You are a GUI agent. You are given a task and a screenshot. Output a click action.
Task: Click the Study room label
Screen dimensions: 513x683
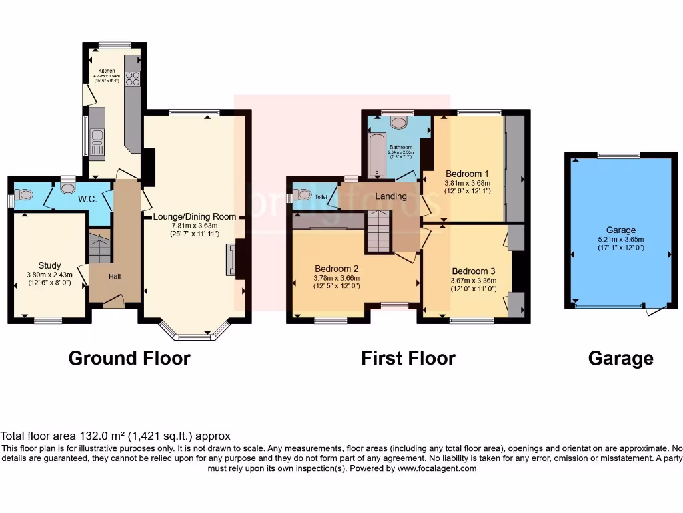click(x=49, y=265)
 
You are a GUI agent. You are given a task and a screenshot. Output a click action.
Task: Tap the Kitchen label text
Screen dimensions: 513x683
click(x=107, y=71)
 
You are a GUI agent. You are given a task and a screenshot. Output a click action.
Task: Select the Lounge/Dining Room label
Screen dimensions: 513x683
click(x=195, y=217)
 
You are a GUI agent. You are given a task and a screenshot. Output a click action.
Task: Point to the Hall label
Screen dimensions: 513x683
click(x=115, y=276)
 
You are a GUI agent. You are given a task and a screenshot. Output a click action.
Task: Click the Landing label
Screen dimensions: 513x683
click(x=391, y=196)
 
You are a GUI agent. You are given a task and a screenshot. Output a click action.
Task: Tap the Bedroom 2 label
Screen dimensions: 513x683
click(x=337, y=269)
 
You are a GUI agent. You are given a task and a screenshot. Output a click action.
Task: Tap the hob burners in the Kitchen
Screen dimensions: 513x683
click(x=132, y=79)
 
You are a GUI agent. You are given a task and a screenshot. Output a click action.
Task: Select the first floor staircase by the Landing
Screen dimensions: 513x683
click(x=378, y=231)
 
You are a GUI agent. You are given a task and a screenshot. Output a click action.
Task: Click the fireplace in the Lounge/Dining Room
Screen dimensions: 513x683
click(x=231, y=260)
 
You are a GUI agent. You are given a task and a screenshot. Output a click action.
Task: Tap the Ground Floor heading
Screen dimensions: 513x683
click(x=129, y=359)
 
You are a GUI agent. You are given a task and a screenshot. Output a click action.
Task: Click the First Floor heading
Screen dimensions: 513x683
click(x=408, y=359)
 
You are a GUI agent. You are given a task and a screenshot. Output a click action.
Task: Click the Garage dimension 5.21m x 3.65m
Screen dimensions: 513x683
click(x=620, y=239)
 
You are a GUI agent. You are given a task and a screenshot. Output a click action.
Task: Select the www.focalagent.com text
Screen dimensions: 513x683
click(x=436, y=469)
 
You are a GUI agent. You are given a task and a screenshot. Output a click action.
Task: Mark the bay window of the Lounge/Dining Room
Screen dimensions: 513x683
click(x=195, y=332)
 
